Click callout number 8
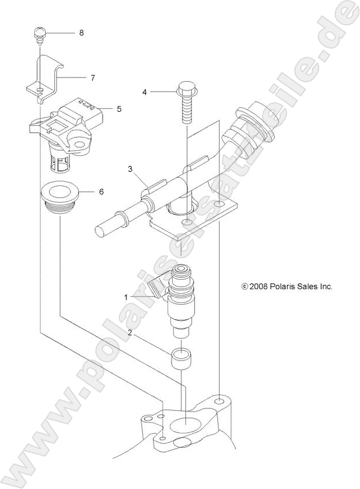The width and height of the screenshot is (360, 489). coord(81,33)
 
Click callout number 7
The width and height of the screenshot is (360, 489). coord(92,77)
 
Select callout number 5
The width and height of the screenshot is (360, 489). coord(119,108)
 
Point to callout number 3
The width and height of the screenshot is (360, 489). coord(131,170)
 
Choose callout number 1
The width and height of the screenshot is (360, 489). coord(126,296)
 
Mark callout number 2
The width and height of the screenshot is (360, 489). coord(129,333)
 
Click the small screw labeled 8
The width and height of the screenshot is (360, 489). coord(40,34)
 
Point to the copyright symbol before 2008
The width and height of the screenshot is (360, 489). coord(245,286)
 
